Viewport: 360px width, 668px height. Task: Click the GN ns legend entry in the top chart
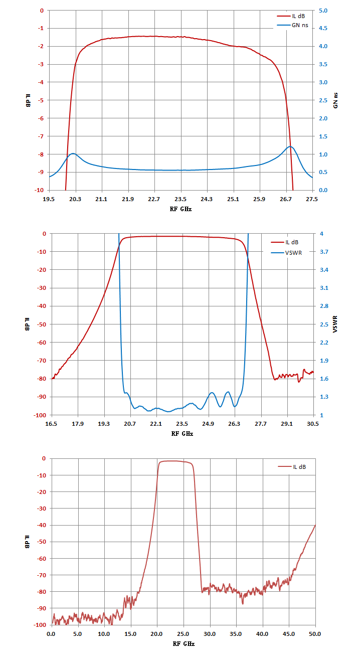pyautogui.click(x=292, y=25)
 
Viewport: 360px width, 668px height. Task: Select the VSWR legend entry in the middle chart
pyautogui.click(x=286, y=253)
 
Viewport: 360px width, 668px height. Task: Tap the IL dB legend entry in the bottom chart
pyautogui.click(x=292, y=467)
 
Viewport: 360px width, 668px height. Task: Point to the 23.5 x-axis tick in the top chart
pyautogui.click(x=181, y=199)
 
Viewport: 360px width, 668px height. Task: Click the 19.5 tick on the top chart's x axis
pyautogui.click(x=49, y=199)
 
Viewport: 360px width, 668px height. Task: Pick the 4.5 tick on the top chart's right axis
pyautogui.click(x=323, y=28)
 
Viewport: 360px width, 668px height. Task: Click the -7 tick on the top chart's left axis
pyautogui.click(x=41, y=136)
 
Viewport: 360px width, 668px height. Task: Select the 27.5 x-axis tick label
pyautogui.click(x=312, y=199)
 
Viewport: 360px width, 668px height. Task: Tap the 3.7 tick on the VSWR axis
pyautogui.click(x=324, y=252)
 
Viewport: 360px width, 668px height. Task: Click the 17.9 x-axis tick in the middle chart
pyautogui.click(x=78, y=424)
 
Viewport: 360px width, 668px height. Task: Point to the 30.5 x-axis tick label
pyautogui.click(x=312, y=424)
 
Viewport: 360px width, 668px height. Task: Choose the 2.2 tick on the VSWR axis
pyautogui.click(x=324, y=343)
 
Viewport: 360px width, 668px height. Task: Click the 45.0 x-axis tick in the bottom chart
pyautogui.click(x=289, y=634)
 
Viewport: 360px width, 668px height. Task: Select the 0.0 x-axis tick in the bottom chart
pyautogui.click(x=51, y=634)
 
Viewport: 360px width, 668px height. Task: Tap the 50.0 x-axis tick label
pyautogui.click(x=315, y=634)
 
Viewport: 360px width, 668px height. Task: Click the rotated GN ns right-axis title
pyautogui.click(x=335, y=100)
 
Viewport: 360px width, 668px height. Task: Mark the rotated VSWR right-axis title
pyautogui.click(x=335, y=324)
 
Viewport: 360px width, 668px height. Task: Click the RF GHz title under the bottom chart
pyautogui.click(x=184, y=644)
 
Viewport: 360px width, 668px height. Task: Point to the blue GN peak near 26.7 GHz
pyautogui.click(x=290, y=146)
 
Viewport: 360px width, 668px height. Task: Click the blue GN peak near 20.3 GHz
pyautogui.click(x=73, y=153)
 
